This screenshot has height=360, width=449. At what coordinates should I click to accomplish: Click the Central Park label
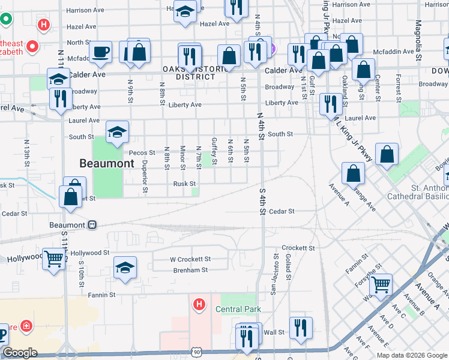(238, 309)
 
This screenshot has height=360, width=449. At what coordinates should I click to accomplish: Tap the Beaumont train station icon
(92, 225)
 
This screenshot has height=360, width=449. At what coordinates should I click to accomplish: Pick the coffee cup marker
(100, 52)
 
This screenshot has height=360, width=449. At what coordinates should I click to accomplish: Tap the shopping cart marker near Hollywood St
(54, 259)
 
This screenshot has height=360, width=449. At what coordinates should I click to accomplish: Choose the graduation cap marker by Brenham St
(125, 268)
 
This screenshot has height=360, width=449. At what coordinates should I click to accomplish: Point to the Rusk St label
(184, 184)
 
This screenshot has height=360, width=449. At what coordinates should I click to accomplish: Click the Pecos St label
(142, 153)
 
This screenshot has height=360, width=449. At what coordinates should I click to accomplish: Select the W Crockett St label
(190, 259)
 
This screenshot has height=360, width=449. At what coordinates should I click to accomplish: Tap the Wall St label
(274, 332)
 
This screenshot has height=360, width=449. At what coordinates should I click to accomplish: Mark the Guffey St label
(214, 149)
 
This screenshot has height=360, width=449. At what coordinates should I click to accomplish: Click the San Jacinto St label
(276, 266)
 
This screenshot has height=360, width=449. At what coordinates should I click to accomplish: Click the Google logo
(20, 353)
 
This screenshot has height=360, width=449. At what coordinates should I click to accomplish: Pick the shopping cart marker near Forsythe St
(381, 283)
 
